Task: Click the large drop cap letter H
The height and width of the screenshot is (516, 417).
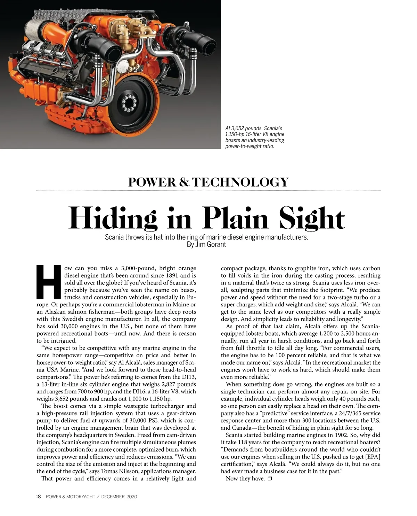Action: pos(49,282)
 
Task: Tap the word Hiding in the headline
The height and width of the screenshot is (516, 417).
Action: pos(113,218)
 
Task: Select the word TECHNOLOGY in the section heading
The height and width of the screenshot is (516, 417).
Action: pos(240,182)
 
